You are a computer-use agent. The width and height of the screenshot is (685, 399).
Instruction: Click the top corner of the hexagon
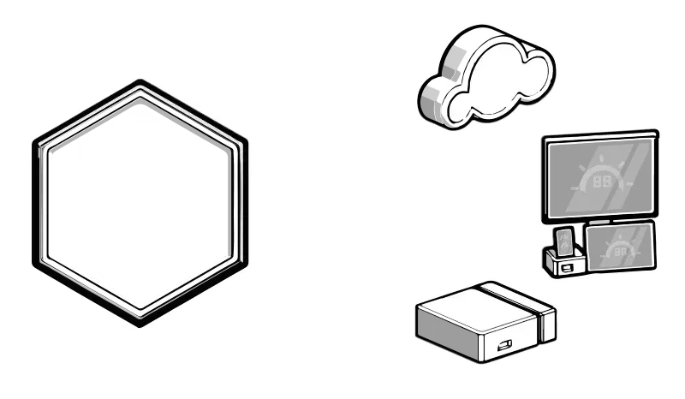tap(139, 83)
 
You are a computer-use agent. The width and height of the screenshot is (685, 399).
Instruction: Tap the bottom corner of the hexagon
tap(140, 324)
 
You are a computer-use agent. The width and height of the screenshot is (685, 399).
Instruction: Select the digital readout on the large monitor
tap(602, 182)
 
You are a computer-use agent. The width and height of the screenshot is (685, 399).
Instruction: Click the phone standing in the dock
tap(565, 242)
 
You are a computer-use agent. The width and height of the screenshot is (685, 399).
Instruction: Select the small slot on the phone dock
tap(566, 267)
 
